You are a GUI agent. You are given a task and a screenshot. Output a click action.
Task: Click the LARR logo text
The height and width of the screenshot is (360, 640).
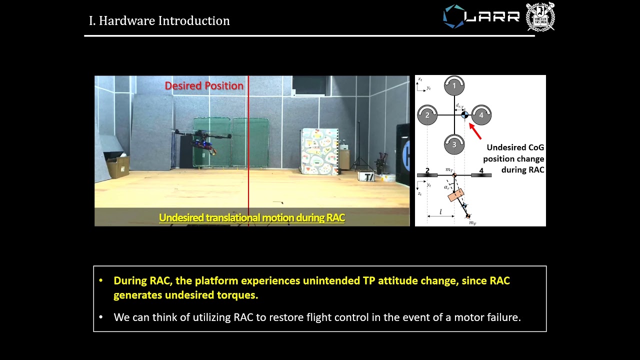point(492,16)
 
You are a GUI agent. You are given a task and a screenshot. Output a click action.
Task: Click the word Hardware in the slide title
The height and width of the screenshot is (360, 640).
point(126,21)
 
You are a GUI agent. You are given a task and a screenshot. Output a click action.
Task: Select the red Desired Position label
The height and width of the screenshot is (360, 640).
point(204,86)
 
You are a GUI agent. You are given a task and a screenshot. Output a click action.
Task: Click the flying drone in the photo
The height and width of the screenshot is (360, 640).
point(202,139)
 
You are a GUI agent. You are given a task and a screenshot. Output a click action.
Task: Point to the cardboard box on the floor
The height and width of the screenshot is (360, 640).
point(117,167)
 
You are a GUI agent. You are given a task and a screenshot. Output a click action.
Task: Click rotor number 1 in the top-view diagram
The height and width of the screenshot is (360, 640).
point(454,86)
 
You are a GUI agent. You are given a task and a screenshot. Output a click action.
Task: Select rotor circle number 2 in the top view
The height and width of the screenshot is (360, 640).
point(427,115)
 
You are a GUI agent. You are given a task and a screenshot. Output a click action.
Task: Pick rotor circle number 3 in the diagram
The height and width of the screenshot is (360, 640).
point(454,144)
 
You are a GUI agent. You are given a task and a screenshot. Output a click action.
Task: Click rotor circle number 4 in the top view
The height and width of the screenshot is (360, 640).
point(481,115)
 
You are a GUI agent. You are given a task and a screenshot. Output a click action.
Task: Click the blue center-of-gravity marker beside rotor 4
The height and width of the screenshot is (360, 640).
point(464,115)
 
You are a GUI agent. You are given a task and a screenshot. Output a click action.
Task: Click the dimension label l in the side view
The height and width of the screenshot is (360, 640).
point(440,212)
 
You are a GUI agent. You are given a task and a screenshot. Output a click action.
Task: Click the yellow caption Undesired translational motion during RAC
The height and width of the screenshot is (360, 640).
point(252,218)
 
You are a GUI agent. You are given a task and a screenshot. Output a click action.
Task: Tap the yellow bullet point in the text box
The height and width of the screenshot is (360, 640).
point(101,281)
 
